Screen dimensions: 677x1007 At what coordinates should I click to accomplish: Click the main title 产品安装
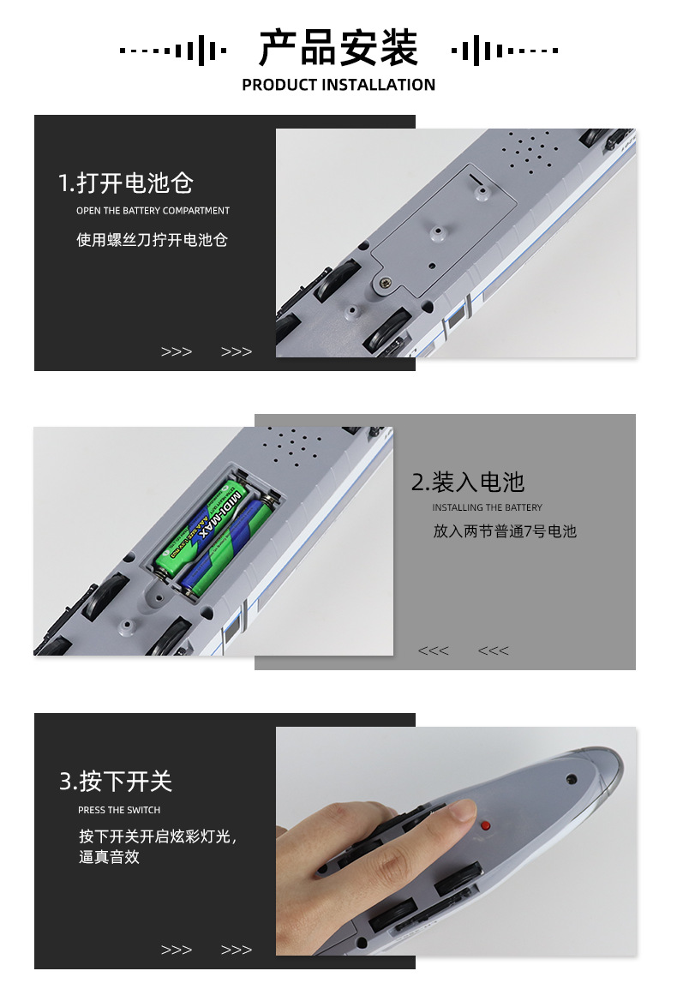338,47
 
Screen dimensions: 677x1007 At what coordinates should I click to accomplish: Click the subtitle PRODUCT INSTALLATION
338,85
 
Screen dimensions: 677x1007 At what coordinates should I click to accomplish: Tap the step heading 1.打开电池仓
126,183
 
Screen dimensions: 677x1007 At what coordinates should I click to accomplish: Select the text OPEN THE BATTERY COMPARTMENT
153,211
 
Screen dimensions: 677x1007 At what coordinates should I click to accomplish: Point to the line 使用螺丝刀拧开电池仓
153,240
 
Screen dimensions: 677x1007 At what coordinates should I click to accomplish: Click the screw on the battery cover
386,282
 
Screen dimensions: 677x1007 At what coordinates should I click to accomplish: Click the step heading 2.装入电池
468,483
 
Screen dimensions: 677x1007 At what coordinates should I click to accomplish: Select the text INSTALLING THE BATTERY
487,507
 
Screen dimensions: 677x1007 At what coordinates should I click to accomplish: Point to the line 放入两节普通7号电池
505,531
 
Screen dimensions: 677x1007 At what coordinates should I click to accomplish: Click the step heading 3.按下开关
117,782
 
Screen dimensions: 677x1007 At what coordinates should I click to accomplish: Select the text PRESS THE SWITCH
119,810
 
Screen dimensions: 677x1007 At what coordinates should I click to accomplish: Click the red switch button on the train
486,825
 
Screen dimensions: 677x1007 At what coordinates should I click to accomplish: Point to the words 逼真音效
109,857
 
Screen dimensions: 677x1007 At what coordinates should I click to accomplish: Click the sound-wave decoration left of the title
173,50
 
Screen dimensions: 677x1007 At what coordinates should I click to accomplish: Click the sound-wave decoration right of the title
504,50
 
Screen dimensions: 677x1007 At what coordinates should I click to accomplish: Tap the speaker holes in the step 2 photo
294,445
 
